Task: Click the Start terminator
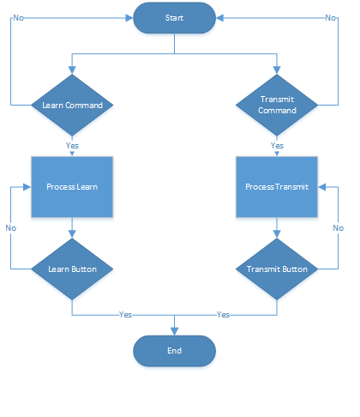[x=174, y=18]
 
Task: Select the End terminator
[x=174, y=351]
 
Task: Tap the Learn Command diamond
[x=72, y=105]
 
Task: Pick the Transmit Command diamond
[x=277, y=105]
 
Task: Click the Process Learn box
[x=72, y=187]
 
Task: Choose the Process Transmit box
[x=277, y=187]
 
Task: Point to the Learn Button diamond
[x=72, y=269]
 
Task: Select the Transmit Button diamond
[x=277, y=269]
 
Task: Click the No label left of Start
[x=19, y=18]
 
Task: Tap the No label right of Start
[x=331, y=18]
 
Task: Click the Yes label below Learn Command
[x=72, y=146]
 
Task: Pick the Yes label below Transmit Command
[x=277, y=146]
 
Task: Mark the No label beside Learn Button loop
[x=11, y=228]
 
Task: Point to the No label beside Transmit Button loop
[x=339, y=228]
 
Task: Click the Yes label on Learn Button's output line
[x=125, y=315]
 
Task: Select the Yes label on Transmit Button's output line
[x=223, y=315]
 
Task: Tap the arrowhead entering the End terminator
[x=174, y=331]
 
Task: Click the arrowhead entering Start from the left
[x=129, y=18]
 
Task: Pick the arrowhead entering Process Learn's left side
[x=27, y=187]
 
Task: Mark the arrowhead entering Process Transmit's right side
[x=322, y=187]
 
